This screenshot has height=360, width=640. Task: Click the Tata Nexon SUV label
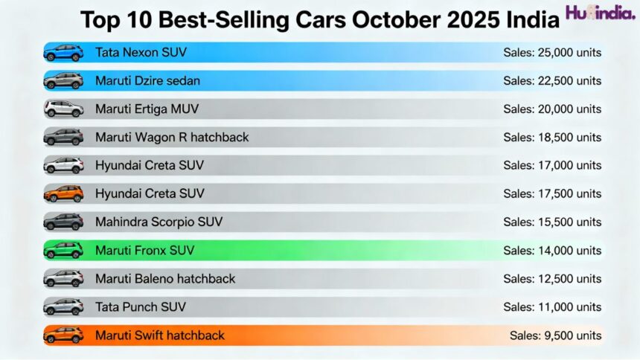point(141,53)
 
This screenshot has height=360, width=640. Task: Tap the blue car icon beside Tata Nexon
point(63,53)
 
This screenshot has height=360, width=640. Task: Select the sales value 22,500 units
point(552,81)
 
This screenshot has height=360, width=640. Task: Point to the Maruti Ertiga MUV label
point(147,109)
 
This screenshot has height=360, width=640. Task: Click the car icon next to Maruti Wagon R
point(63,138)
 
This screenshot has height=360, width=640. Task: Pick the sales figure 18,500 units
point(552,138)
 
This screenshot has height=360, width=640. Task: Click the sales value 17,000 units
point(552,166)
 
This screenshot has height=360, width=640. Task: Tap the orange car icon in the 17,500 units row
point(63,194)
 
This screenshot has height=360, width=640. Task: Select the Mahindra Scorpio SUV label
point(159,222)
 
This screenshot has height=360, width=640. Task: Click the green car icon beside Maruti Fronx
point(63,251)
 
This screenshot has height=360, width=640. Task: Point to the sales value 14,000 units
point(552,251)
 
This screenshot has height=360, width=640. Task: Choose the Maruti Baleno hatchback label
point(165,279)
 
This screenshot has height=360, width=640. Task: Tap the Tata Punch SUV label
point(141,307)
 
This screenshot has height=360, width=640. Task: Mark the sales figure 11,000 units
point(552,307)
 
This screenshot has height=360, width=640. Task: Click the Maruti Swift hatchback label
point(160,335)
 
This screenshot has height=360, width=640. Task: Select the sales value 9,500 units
point(555,335)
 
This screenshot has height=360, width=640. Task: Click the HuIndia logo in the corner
point(600,13)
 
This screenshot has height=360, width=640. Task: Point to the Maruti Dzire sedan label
point(147,81)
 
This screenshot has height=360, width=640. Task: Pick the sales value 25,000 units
point(552,53)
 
